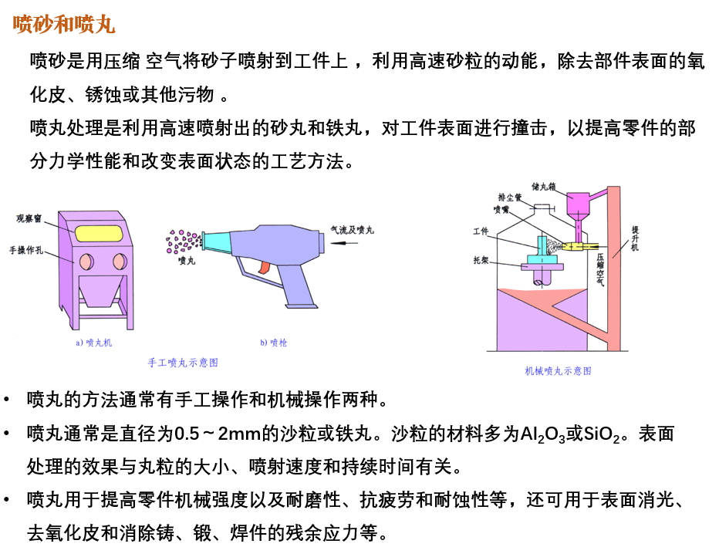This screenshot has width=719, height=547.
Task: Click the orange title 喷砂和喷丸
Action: pyautogui.click(x=64, y=24)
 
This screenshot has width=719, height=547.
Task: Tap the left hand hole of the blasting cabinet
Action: pyautogui.click(x=86, y=262)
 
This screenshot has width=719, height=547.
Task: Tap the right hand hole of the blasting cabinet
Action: pyautogui.click(x=120, y=262)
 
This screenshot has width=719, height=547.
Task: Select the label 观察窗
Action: pyautogui.click(x=29, y=218)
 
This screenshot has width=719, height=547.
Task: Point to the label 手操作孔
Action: pyautogui.click(x=26, y=250)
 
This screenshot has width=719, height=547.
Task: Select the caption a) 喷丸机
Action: pyautogui.click(x=93, y=343)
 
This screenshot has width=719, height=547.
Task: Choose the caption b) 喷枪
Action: pyautogui.click(x=274, y=343)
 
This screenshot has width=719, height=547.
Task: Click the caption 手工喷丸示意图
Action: pyautogui.click(x=183, y=363)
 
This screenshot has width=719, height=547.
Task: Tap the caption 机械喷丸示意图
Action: pyautogui.click(x=558, y=371)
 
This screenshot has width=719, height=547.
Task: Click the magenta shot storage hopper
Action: pyautogui.click(x=579, y=208)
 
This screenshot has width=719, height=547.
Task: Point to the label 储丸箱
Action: pyautogui.click(x=543, y=187)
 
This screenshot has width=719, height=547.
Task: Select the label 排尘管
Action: pyautogui.click(x=510, y=198)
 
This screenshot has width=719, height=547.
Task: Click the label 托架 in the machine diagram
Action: pyautogui.click(x=481, y=261)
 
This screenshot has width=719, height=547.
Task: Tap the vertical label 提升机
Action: pyautogui.click(x=635, y=238)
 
